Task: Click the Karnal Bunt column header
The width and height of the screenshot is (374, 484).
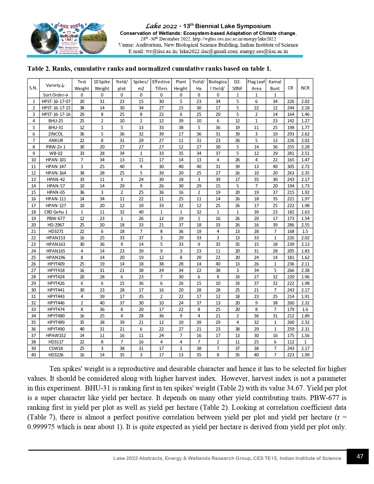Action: click(x=275, y=85)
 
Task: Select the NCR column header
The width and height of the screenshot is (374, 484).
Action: click(x=305, y=88)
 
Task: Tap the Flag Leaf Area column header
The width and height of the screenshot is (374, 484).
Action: click(x=256, y=85)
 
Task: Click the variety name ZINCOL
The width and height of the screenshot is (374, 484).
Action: click(x=56, y=134)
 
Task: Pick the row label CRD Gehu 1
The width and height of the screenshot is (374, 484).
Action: click(x=56, y=212)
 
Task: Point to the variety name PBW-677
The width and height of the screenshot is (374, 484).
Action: click(x=56, y=218)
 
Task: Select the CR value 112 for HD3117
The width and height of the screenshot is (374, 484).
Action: click(x=290, y=342)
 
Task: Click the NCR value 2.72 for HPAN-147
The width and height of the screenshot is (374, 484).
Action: click(x=305, y=166)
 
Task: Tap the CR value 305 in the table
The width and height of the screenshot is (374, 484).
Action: click(x=290, y=166)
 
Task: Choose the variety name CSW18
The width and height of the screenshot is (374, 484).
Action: click(x=56, y=348)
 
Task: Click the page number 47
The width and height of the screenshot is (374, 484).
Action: click(x=360, y=456)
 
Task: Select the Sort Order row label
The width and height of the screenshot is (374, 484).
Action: click(x=55, y=95)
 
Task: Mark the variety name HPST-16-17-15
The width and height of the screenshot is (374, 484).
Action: click(x=56, y=108)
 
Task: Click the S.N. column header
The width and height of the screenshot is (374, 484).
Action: click(x=33, y=88)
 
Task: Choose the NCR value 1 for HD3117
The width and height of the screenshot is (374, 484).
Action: click(x=305, y=342)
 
